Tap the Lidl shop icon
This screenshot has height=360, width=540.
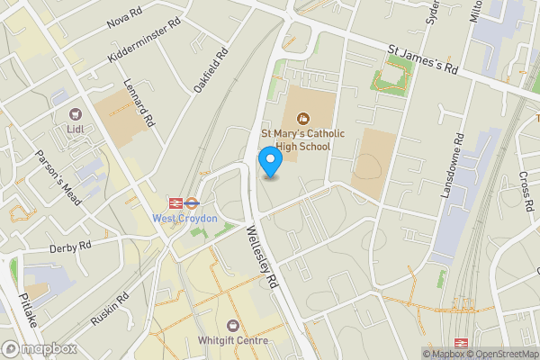pyautogui.click(x=76, y=114)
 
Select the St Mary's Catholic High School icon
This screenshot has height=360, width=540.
pyautogui.click(x=302, y=117)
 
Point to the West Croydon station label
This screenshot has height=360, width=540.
pyautogui.click(x=184, y=219)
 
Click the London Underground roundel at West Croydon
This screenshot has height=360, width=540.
pyautogui.click(x=176, y=202)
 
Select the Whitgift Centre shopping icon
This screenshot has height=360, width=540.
pyautogui.click(x=234, y=325)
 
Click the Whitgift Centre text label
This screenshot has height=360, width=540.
pyautogui.click(x=234, y=341)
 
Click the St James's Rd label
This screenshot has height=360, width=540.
pyautogui.click(x=424, y=60)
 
